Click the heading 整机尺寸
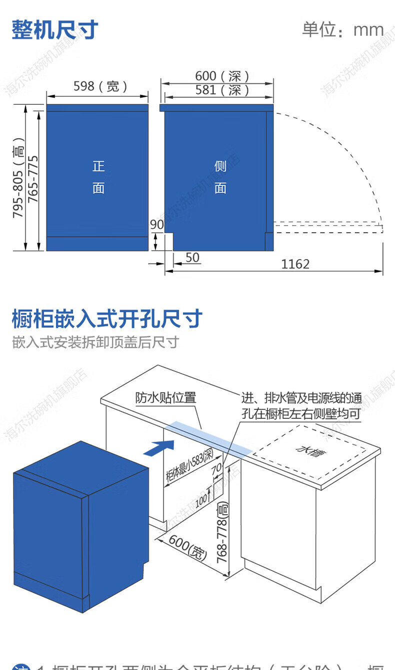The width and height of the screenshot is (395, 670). coord(55,29)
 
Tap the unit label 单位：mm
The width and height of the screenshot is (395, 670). coord(343,30)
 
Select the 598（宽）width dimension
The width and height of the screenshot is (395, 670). coord(100,86)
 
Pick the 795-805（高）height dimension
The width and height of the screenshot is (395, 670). coord(18,178)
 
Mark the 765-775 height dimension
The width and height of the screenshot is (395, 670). coord(33,180)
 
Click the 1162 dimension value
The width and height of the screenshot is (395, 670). coord(295,264)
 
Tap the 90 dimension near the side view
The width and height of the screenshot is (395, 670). coord(156,225)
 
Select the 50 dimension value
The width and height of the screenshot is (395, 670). coord(192,258)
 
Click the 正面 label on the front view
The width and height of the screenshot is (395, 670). coord(98,177)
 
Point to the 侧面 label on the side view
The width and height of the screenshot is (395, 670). coord(220,177)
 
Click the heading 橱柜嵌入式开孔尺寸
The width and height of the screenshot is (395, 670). coord(107,319)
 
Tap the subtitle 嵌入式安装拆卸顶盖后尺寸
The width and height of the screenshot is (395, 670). coord(95,343)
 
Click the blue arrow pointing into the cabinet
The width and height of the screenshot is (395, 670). coord(159,447)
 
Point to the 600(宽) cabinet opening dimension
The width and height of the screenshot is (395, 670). coord(186,547)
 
